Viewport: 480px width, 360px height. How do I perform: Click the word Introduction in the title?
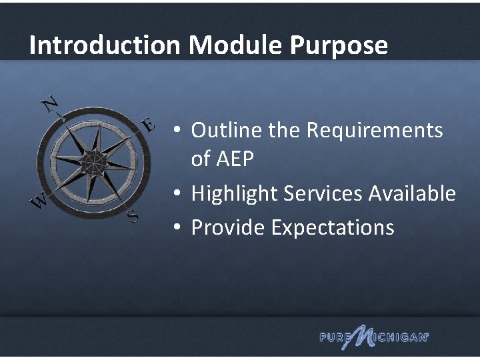pyautogui.click(x=105, y=46)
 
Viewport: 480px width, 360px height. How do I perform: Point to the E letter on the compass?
pyautogui.click(x=148, y=125)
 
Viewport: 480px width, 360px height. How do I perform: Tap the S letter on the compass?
pyautogui.click(x=133, y=215)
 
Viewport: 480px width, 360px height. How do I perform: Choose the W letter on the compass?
pyautogui.click(x=39, y=199)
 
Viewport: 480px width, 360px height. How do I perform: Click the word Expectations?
pyautogui.click(x=333, y=228)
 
